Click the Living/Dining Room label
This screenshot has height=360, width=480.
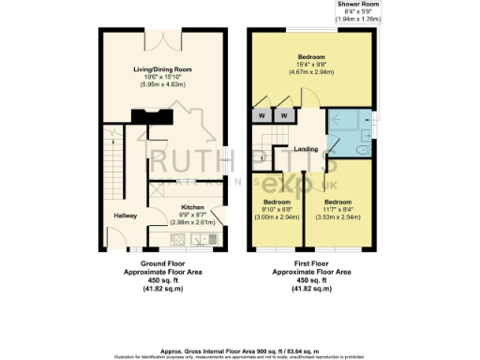(x=163, y=68)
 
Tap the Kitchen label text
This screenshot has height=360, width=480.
(x=192, y=207)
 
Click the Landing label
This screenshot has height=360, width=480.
(x=305, y=149)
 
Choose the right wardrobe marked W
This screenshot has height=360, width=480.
(x=280, y=117)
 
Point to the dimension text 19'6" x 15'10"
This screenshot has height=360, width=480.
(x=163, y=77)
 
